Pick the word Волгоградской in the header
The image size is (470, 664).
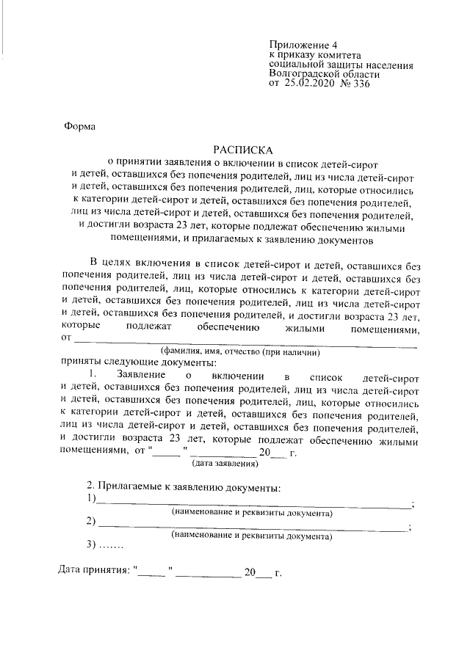[303, 74]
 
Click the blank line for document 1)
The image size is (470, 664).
[254, 503]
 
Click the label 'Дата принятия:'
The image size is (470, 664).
[94, 571]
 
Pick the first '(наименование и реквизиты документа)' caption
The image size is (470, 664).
[252, 513]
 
